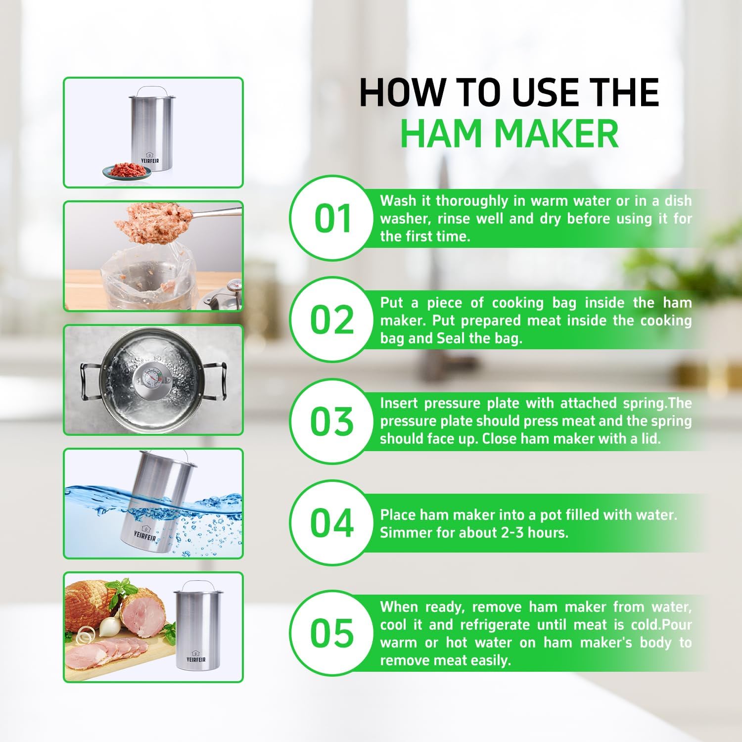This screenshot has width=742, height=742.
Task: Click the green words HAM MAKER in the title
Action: click(x=510, y=134)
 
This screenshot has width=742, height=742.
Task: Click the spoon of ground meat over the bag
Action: click(x=143, y=223)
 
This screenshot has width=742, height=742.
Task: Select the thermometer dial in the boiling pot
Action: click(x=150, y=379)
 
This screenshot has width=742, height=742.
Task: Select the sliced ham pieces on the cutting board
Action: click(x=106, y=653)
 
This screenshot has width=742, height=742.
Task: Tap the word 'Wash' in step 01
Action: click(x=398, y=201)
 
